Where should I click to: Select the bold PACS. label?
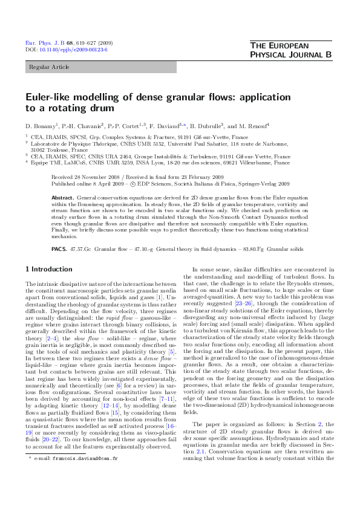59,248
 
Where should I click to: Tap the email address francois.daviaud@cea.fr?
92,492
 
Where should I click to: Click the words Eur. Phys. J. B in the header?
41,43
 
